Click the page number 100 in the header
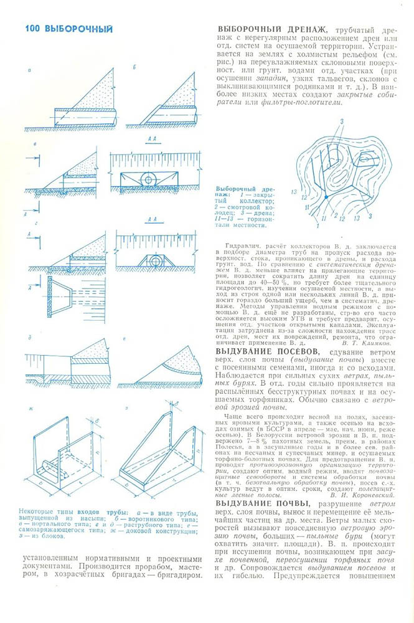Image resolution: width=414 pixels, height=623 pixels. [x=32, y=29]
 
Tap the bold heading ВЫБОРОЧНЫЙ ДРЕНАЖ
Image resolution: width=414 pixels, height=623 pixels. [x=272, y=30]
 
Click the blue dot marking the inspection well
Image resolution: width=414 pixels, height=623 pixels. [x=325, y=197]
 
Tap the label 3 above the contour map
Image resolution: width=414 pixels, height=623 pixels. [x=342, y=119]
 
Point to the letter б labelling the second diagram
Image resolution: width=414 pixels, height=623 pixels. [x=133, y=66]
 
